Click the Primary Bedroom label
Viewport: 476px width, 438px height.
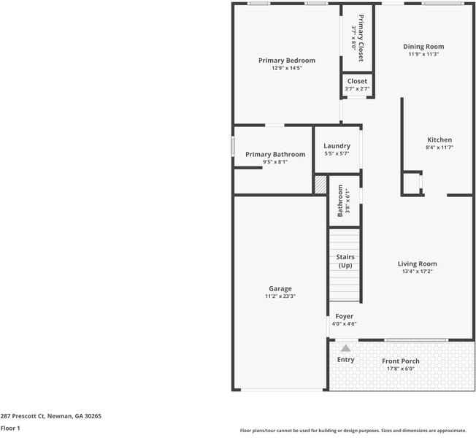click(287, 60)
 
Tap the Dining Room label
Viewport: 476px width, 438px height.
click(423, 47)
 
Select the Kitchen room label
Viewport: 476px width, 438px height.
click(439, 139)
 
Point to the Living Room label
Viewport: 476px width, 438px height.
click(417, 264)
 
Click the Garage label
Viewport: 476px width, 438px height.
click(280, 289)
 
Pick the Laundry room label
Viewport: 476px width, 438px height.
click(337, 146)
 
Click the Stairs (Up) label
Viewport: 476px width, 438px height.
click(345, 261)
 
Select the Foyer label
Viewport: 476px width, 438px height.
click(344, 316)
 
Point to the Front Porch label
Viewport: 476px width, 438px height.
click(400, 361)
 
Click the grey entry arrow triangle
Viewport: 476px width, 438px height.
click(345, 348)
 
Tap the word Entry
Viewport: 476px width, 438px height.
click(345, 360)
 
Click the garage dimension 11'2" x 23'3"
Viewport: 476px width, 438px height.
click(280, 297)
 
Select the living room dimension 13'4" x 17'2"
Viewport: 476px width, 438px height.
click(417, 272)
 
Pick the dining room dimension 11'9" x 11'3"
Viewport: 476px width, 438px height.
click(423, 55)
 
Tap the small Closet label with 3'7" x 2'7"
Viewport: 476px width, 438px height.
click(357, 85)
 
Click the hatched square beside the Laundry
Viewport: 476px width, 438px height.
click(320, 185)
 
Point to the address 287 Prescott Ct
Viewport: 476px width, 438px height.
click(50, 416)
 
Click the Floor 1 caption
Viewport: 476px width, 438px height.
click(10, 429)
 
